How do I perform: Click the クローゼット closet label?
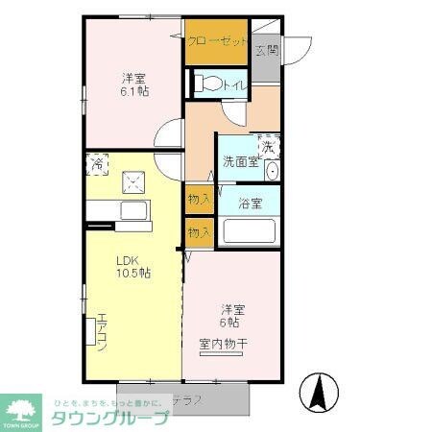click(217, 41)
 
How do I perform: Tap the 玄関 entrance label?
click(267, 49)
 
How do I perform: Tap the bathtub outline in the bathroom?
click(249, 232)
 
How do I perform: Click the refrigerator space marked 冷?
click(97, 164)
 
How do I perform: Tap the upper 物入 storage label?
click(199, 199)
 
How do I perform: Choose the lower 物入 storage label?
click(199, 232)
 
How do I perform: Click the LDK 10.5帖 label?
click(132, 266)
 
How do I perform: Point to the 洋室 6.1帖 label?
click(135, 83)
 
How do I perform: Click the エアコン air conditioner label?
click(99, 331)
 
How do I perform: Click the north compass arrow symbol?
click(318, 391)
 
